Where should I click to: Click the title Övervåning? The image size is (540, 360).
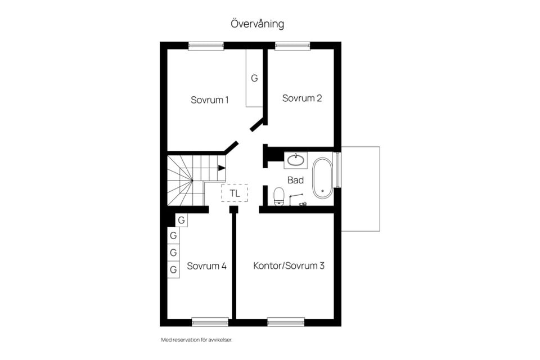[257, 24]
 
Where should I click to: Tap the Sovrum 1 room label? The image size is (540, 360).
[210, 100]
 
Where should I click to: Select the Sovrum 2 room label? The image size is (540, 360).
[302, 98]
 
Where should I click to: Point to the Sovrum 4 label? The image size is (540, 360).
[206, 266]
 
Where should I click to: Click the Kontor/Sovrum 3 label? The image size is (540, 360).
[289, 265]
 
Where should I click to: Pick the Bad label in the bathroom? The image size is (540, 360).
[295, 180]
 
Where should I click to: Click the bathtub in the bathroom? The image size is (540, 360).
[322, 178]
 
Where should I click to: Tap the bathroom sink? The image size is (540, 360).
[296, 160]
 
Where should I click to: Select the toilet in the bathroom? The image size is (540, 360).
[278, 196]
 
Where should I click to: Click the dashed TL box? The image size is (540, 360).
[235, 193]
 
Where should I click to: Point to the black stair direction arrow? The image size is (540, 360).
[222, 168]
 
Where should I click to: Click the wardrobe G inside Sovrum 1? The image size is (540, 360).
[254, 78]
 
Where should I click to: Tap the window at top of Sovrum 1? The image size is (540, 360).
[206, 46]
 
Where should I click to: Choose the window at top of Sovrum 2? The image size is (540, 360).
[292, 46]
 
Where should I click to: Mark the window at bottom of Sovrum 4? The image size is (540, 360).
[210, 322]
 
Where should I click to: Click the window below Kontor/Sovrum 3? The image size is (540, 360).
[286, 322]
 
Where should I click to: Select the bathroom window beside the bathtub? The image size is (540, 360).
[337, 169]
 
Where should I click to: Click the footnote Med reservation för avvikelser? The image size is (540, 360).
[197, 340]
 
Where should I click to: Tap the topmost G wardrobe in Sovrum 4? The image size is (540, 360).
[182, 220]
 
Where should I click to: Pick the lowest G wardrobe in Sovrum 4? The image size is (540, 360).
[174, 269]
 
